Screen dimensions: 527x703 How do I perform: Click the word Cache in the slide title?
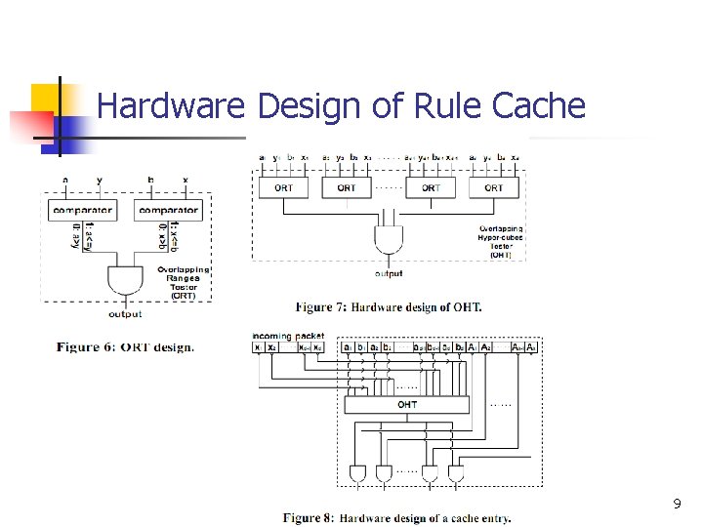538,105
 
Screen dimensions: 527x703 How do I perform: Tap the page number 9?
677,505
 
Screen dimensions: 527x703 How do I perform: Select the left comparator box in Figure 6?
83,210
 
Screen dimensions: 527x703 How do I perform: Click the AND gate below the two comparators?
124,280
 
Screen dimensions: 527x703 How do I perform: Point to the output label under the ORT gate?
125,314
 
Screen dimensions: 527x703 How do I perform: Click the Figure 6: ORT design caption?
125,346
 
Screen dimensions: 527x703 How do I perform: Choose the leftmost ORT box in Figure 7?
283,187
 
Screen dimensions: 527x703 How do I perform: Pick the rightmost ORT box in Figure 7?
494,187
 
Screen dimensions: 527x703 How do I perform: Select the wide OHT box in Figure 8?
407,404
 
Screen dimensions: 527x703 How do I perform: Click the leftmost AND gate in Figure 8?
358,474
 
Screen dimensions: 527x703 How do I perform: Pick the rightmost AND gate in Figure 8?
455,474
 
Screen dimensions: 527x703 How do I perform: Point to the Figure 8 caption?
397,517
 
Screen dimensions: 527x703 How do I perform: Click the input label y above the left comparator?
99,180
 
